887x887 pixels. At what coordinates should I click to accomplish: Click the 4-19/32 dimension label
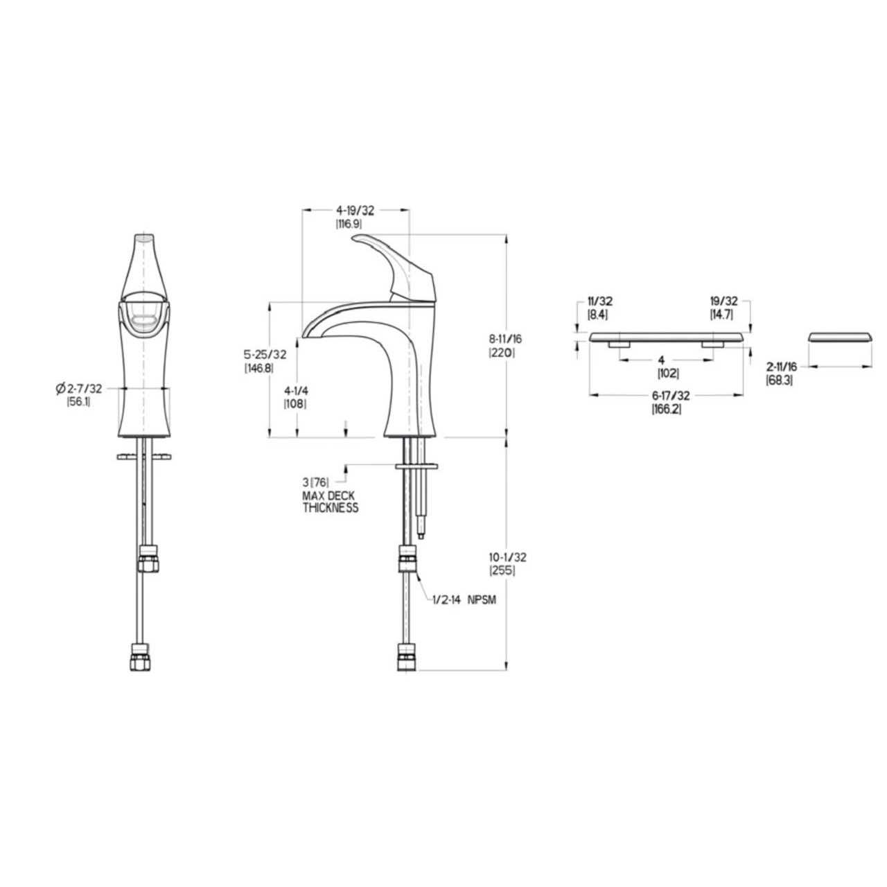pos(354,211)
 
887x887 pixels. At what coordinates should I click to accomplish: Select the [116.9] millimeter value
pos(349,224)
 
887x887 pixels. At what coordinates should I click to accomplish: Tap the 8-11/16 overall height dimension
pos(505,339)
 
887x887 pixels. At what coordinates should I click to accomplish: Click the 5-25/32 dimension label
pos(265,355)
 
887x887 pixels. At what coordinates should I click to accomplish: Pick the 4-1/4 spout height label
pos(295,390)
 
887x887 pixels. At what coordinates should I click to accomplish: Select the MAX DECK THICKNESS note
pos(330,502)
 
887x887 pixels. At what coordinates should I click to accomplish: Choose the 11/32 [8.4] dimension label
pos(599,307)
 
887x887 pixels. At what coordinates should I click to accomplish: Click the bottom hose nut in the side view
pos(405,657)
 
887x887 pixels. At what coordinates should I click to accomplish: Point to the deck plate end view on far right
pos(841,337)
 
